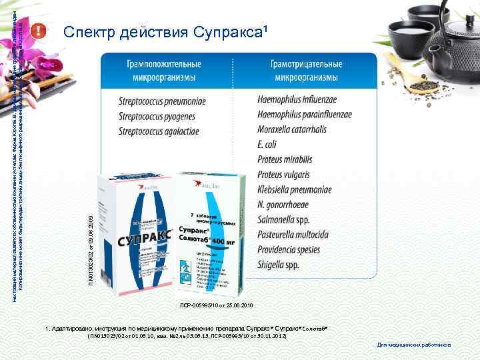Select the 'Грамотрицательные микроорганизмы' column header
tap(306, 71)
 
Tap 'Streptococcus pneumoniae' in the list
tap(162, 101)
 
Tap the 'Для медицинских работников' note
tap(413, 345)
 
